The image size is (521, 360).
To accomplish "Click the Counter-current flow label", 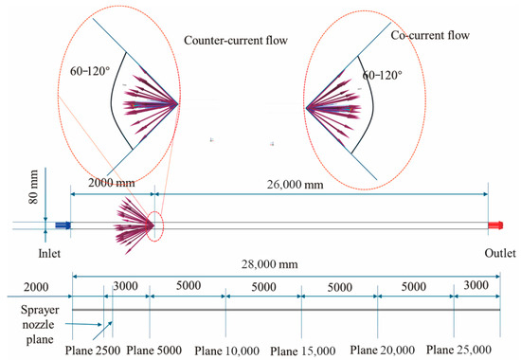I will [x=237, y=41].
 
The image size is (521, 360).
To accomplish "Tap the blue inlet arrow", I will [x=63, y=225].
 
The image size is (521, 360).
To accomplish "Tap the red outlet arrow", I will [x=494, y=225].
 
